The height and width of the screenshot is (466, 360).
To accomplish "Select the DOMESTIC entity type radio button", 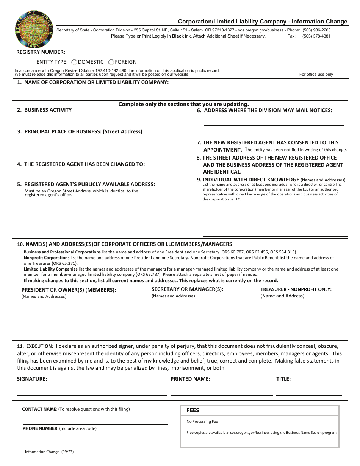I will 74,62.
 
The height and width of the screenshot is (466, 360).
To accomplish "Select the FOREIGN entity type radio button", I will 111,62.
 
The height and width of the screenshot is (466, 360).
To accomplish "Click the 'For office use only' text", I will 316,74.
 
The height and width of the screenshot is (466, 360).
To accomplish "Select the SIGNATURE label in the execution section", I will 32,379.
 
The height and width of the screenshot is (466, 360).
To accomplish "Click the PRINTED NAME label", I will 190,379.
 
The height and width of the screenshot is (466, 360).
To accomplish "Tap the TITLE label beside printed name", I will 283,379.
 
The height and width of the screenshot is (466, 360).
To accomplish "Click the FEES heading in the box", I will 193,410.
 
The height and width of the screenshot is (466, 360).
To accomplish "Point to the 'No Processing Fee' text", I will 202,421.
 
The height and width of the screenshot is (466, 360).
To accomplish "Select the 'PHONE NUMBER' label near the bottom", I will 40,428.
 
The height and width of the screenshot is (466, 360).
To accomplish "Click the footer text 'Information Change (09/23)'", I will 47,452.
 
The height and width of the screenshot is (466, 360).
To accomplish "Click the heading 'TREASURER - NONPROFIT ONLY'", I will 296,289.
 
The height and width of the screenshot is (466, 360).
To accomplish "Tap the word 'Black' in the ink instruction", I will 178,36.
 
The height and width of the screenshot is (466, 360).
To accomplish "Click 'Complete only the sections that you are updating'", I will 183,104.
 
